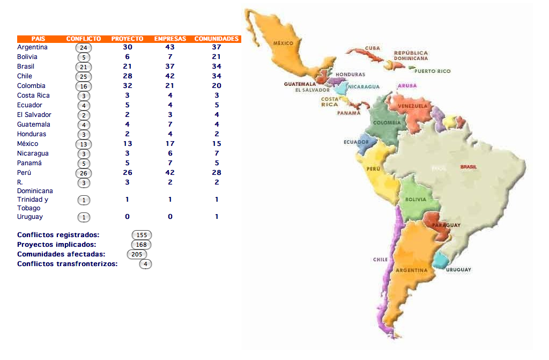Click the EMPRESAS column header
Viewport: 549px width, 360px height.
(170, 39)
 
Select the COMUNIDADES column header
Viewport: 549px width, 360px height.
(217, 39)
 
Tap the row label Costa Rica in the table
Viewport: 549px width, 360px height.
(33, 95)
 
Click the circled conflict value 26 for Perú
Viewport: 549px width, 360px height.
(84, 173)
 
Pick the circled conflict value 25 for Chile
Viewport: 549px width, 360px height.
(84, 77)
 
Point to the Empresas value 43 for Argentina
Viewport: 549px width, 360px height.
(170, 47)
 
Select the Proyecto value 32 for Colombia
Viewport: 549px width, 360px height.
(128, 86)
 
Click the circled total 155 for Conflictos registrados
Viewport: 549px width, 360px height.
(142, 235)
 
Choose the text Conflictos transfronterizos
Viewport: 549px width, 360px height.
(68, 263)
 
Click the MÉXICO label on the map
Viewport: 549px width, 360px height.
(283, 43)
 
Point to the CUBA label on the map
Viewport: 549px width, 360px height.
(372, 48)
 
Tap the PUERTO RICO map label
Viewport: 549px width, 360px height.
(432, 71)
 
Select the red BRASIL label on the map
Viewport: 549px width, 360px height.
(468, 167)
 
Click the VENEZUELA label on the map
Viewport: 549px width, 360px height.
(413, 106)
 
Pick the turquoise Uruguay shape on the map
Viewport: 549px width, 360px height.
(441, 261)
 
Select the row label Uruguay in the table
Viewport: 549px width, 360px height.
(30, 217)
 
